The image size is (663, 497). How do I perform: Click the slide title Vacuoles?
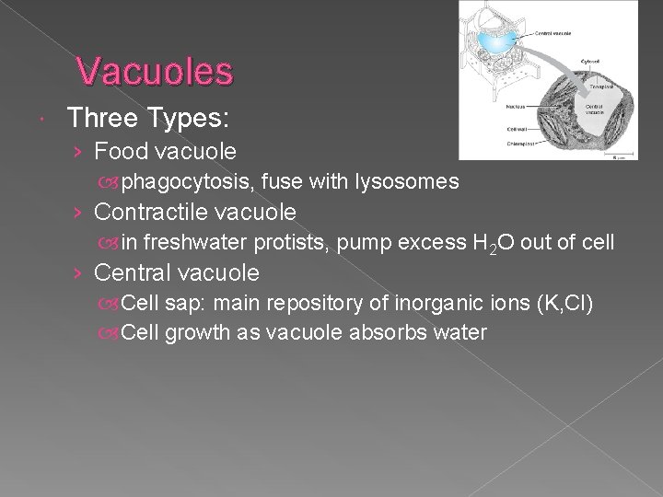click(x=155, y=71)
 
